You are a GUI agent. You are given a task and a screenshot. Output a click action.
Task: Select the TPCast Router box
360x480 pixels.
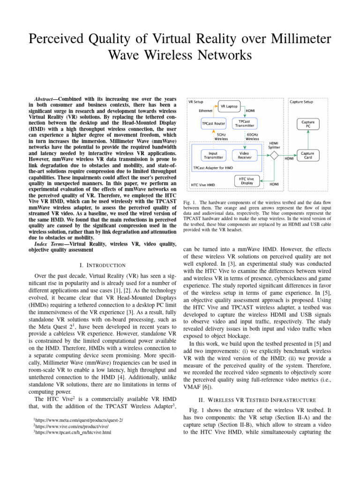(213, 124)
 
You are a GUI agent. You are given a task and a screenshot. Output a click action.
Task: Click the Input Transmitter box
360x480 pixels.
(213, 155)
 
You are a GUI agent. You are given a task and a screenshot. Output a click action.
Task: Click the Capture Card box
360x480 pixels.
(307, 155)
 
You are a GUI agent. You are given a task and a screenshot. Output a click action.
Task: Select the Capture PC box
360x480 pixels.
(307, 124)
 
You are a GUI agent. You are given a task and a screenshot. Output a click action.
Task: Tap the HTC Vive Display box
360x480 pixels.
(247, 181)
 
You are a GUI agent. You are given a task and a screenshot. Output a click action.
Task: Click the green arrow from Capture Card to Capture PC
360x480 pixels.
(307, 139)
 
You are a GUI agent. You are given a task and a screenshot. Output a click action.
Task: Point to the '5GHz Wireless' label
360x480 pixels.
(221, 137)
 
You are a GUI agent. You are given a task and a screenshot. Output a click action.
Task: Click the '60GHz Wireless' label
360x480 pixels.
(252, 137)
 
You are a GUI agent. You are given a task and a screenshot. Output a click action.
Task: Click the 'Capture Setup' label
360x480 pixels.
(301, 101)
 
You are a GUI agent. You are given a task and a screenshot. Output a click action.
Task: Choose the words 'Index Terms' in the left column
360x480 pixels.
(48, 243)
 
